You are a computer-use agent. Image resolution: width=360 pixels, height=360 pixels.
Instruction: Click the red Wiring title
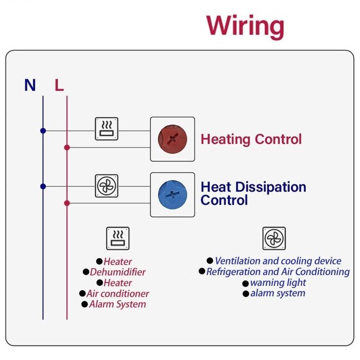click(x=245, y=26)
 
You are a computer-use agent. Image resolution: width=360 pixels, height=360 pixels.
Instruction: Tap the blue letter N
click(x=30, y=85)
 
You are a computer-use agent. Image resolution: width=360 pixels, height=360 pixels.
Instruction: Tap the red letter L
click(x=59, y=85)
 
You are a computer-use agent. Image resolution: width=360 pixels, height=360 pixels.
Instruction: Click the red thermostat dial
click(x=172, y=139)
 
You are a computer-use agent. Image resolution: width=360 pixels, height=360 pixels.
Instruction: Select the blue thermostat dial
click(x=172, y=195)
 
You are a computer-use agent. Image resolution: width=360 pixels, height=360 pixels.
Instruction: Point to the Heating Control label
click(x=251, y=139)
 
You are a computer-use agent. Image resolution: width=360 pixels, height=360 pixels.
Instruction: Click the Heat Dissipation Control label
click(x=253, y=193)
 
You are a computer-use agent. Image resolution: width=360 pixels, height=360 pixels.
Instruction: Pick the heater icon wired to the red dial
click(x=107, y=129)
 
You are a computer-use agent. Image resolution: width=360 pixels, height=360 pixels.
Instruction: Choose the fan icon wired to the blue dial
click(x=107, y=185)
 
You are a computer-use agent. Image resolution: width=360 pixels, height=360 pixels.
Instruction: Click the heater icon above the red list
click(x=118, y=238)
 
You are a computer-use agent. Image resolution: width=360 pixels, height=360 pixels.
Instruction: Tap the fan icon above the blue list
click(x=274, y=238)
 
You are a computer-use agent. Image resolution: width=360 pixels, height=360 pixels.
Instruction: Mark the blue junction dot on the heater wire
click(x=43, y=131)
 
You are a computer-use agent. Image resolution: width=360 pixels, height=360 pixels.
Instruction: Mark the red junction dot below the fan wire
click(x=67, y=203)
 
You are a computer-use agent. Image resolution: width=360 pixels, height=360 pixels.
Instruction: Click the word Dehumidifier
click(x=118, y=272)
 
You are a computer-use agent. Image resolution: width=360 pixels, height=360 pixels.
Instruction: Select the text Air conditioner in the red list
click(x=118, y=293)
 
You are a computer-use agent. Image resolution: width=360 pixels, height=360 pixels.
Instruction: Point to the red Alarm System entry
click(x=117, y=304)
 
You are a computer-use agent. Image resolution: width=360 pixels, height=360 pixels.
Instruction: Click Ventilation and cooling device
click(x=278, y=261)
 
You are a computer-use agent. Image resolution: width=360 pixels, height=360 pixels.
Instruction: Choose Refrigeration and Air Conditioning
click(x=278, y=272)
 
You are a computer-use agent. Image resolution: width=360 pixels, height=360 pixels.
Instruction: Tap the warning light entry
click(x=278, y=283)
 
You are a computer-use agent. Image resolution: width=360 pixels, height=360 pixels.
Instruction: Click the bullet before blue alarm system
click(x=246, y=294)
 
